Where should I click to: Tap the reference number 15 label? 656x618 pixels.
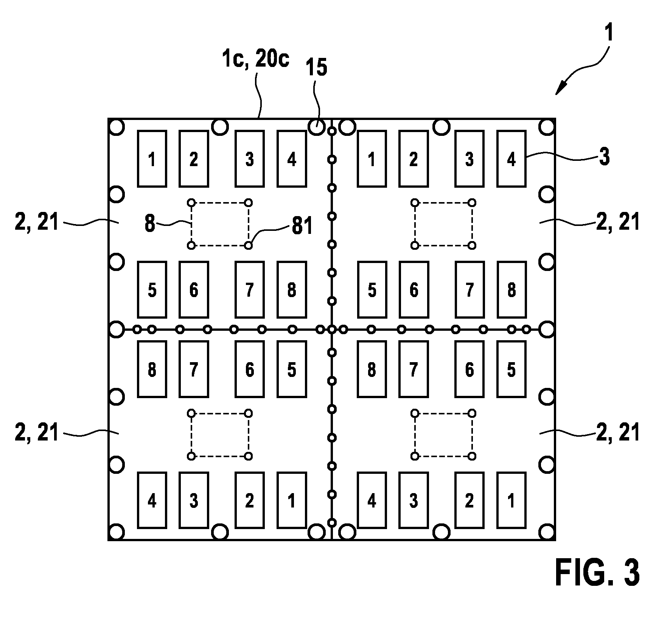pyautogui.click(x=316, y=68)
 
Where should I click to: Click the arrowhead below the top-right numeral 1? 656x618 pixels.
pyautogui.click(x=559, y=90)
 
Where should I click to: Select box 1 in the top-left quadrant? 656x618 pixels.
pyautogui.click(x=152, y=159)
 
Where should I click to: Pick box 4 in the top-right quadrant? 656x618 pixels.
pyautogui.click(x=511, y=159)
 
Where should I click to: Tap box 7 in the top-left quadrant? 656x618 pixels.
pyautogui.click(x=250, y=290)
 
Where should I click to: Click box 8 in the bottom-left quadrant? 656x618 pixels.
pyautogui.click(x=152, y=369)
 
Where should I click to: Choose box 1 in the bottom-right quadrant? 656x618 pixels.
pyautogui.click(x=511, y=500)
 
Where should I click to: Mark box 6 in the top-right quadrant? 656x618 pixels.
pyautogui.click(x=414, y=290)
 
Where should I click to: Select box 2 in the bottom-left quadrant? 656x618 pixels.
pyautogui.click(x=250, y=500)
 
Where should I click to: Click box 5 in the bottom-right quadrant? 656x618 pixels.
pyautogui.click(x=511, y=369)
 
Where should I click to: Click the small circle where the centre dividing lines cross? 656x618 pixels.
pyautogui.click(x=332, y=329)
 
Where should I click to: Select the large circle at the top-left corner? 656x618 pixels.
pyautogui.click(x=117, y=127)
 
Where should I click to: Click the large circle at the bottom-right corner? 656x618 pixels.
pyautogui.click(x=546, y=532)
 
